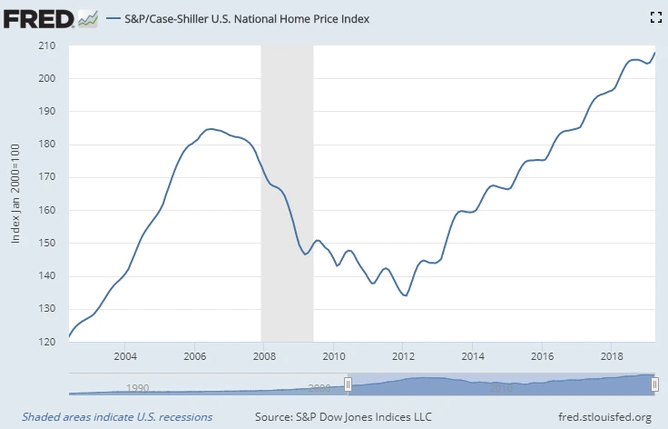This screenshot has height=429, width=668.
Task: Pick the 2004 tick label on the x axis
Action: [125, 354]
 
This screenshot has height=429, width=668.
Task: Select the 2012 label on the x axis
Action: [403, 354]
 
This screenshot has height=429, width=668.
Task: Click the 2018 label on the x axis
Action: [612, 354]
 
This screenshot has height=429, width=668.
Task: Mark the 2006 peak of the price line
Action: [210, 129]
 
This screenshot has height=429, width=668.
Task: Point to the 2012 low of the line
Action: [406, 295]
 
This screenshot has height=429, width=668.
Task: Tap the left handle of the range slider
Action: [347, 384]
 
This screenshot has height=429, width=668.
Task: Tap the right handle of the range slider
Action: [654, 384]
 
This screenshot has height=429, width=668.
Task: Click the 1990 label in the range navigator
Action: [138, 388]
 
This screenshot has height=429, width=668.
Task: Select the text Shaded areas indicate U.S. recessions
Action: [112, 417]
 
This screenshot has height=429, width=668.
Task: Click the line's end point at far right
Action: [654, 53]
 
